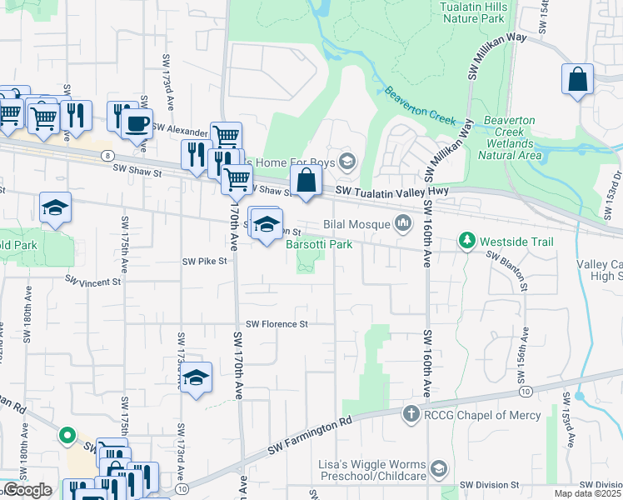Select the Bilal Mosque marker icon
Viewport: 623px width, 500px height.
click(404, 222)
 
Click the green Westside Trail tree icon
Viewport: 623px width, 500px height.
click(467, 242)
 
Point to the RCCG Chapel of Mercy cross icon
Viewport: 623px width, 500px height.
click(411, 414)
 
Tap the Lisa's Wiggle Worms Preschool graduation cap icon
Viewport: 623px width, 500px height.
click(437, 469)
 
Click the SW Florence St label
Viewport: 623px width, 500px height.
click(277, 323)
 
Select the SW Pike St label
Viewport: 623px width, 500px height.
click(204, 261)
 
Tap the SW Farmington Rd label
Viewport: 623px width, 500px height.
click(311, 437)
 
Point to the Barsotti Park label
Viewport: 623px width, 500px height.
click(319, 244)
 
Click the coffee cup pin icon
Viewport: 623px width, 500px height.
click(137, 123)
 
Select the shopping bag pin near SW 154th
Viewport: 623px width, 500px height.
click(577, 80)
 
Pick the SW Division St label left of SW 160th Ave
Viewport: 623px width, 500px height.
click(491, 484)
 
